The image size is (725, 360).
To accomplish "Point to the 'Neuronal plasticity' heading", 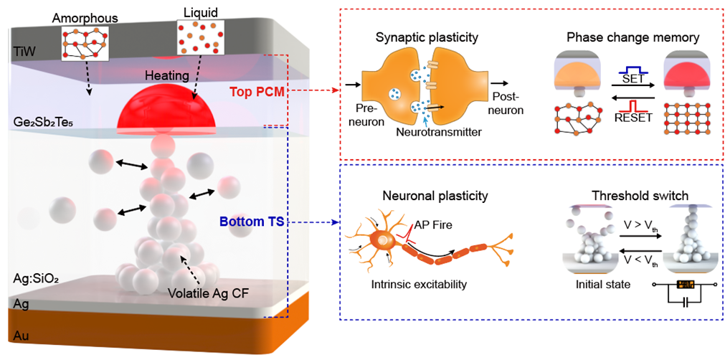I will [428, 194].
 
